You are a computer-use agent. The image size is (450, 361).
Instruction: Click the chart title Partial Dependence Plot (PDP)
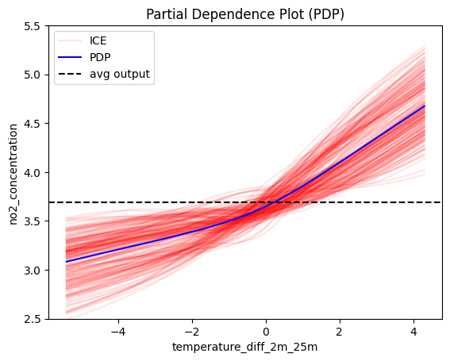(x=245, y=14)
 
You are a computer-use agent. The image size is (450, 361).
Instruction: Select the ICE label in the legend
(x=98, y=40)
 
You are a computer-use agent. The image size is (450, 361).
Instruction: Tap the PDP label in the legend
(x=100, y=57)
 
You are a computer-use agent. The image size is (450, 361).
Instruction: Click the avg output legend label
(x=120, y=74)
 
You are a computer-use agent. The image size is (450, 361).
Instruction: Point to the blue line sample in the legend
(x=70, y=57)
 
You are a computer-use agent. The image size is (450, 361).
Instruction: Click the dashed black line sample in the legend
(x=70, y=74)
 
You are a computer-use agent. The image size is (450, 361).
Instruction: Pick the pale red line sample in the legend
(x=70, y=40)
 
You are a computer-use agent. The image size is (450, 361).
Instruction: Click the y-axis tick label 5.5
(x=32, y=26)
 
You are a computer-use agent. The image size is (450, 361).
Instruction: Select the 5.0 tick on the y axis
(x=32, y=75)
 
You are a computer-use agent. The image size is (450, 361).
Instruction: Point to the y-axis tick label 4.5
(x=32, y=124)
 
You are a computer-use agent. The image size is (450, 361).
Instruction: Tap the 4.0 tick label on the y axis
(x=32, y=172)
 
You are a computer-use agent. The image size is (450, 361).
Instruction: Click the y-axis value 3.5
(x=32, y=221)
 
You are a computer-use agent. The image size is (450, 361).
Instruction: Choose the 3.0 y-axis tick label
(x=32, y=270)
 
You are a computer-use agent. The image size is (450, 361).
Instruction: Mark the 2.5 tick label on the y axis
(x=32, y=319)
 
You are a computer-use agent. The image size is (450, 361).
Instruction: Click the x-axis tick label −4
(x=118, y=332)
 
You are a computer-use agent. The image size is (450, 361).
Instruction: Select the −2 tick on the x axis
(x=192, y=332)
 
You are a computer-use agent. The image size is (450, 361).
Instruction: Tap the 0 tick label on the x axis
(x=266, y=332)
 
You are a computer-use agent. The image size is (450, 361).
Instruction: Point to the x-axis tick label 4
(x=413, y=332)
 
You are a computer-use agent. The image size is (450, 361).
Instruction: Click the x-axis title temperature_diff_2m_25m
(x=244, y=348)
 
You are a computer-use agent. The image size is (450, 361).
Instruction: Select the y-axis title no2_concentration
(x=13, y=175)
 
